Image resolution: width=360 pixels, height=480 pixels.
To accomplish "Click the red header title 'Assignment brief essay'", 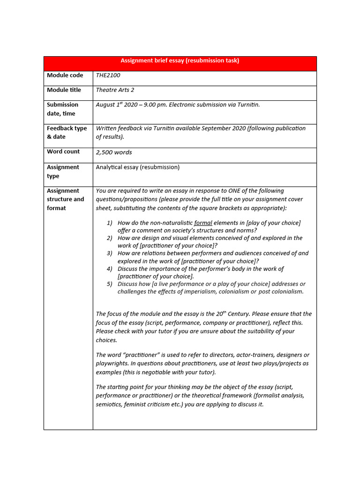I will pyautogui.click(x=180, y=60).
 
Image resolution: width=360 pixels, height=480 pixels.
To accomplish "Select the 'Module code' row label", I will pyautogui.click(x=65, y=75).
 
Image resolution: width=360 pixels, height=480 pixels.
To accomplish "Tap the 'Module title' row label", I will pyautogui.click(x=64, y=90).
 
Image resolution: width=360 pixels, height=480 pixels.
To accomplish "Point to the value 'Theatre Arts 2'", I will pyautogui.click(x=115, y=90).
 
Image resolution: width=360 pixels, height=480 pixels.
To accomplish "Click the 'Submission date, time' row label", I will pyautogui.click(x=62, y=109).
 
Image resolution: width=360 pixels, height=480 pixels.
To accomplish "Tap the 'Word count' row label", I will pyautogui.click(x=63, y=151).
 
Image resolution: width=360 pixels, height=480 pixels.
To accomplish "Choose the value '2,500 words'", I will pyautogui.click(x=114, y=152).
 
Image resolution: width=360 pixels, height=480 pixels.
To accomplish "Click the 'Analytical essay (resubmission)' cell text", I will pyautogui.click(x=137, y=167).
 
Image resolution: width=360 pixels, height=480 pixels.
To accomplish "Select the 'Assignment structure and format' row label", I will pyautogui.click(x=65, y=199).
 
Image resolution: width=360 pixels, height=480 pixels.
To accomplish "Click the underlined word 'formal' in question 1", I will pyautogui.click(x=203, y=223).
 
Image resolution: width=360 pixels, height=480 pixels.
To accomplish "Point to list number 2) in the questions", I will pyautogui.click(x=110, y=238).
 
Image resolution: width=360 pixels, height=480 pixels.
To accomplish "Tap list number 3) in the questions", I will pyautogui.click(x=110, y=253).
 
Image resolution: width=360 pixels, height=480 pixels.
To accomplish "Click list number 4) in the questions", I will pyautogui.click(x=110, y=269).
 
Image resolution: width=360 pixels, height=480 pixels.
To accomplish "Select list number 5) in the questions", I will pyautogui.click(x=110, y=284).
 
